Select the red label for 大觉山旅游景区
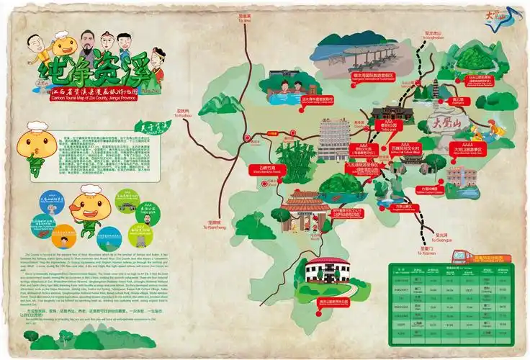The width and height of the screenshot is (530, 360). pyautogui.click(x=469, y=149)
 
